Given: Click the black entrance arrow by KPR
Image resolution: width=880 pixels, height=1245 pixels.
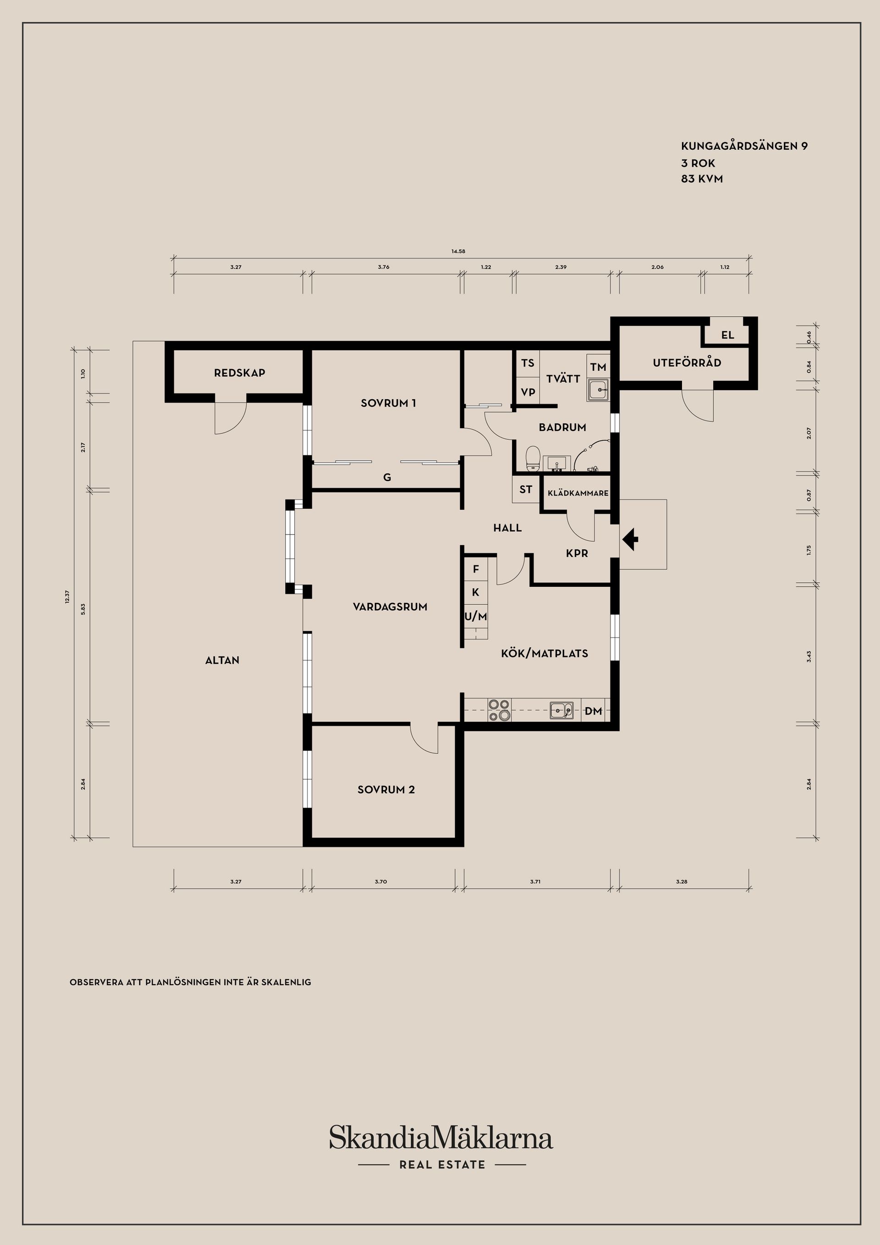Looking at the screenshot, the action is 630,540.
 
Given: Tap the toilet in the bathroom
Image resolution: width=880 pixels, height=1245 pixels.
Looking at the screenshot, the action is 533,459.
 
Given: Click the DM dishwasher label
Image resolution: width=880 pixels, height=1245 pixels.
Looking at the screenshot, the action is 594,711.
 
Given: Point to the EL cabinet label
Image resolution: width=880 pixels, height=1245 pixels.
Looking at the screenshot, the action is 728,335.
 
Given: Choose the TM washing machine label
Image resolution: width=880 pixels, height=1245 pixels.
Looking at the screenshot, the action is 598,367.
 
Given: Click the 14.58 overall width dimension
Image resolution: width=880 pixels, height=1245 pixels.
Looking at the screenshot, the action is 458,252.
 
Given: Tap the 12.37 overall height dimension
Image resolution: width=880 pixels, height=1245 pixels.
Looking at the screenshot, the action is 67,597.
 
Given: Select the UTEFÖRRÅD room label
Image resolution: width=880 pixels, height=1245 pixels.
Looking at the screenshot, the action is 687,363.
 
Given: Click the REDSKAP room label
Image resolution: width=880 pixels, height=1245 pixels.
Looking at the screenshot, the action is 240,373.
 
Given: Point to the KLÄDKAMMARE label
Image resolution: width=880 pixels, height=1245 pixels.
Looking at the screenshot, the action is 578,493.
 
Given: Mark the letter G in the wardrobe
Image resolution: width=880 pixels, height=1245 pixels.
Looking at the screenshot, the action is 387,478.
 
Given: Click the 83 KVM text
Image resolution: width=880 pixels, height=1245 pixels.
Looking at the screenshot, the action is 702,179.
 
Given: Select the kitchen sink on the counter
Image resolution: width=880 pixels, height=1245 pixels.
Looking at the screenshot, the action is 562,710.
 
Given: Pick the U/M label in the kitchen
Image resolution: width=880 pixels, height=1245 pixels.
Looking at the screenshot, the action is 475,617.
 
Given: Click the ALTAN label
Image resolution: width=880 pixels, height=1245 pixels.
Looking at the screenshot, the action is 222,661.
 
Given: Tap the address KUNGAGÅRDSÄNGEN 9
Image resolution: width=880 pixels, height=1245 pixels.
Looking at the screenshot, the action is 744,146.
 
